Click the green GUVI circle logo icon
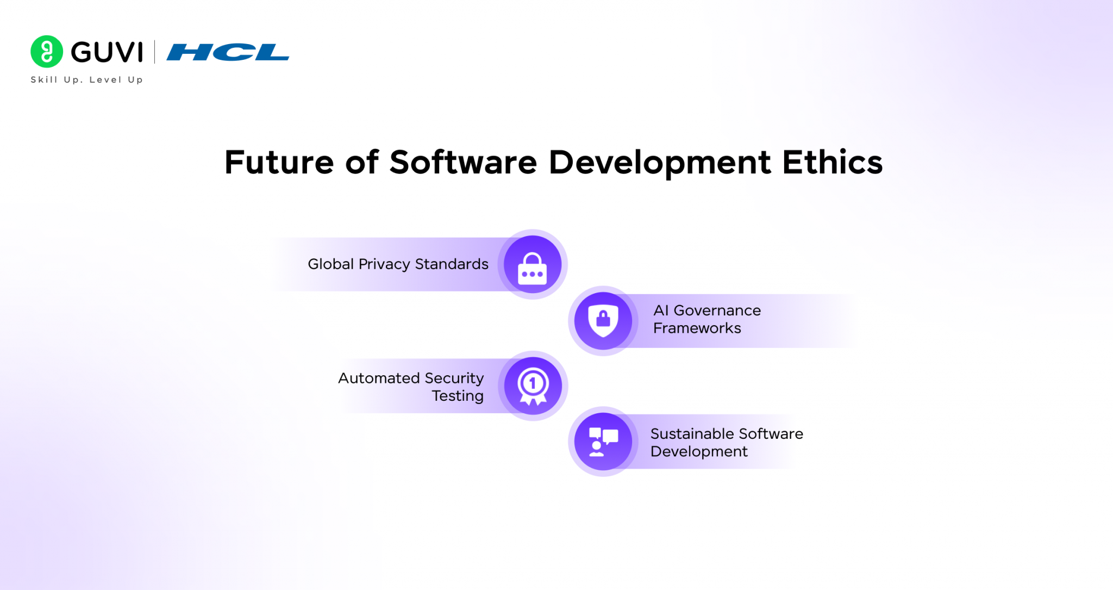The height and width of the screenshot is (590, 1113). click(47, 52)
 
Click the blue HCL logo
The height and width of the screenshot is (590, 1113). click(228, 52)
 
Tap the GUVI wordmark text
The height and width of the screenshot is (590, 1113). click(107, 53)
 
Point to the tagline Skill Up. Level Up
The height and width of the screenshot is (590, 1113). click(86, 80)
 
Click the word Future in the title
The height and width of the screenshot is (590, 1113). click(279, 163)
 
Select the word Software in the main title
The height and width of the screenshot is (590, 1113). click(463, 163)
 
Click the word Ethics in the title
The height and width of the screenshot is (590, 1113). click(832, 163)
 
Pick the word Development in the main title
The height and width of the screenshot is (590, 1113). click(659, 163)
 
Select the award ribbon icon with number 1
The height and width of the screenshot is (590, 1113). click(533, 386)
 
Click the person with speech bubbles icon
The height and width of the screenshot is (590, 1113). click(603, 442)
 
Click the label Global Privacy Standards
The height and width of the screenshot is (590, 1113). click(398, 264)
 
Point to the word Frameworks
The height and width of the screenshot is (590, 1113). click(697, 328)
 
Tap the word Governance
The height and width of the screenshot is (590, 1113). click(717, 310)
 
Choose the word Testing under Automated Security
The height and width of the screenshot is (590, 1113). click(458, 396)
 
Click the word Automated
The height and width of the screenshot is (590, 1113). click(379, 378)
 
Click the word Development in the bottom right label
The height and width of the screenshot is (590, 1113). click(699, 452)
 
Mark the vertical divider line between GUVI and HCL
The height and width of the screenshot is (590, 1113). click(154, 52)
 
